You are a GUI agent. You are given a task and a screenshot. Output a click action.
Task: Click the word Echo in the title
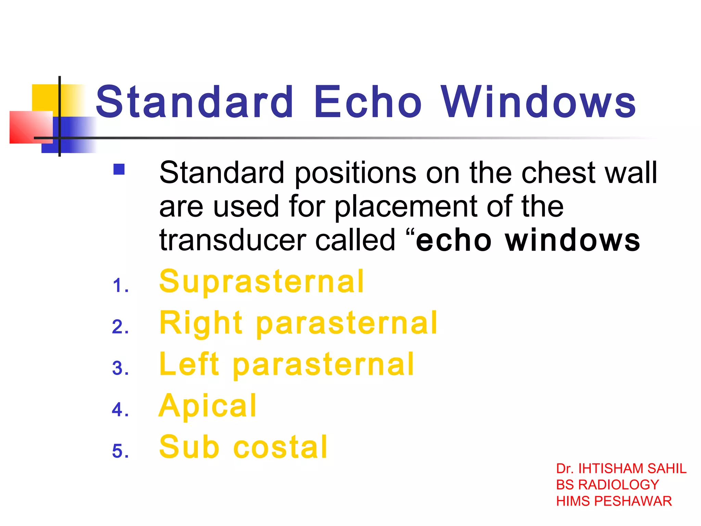coord(368,102)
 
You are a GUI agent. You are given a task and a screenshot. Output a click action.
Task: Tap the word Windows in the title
coord(538,102)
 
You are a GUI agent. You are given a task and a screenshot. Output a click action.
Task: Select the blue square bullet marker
coord(119,170)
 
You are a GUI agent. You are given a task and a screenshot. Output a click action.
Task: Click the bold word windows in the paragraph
coord(572,240)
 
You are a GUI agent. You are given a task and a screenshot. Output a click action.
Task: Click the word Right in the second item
coord(201,323)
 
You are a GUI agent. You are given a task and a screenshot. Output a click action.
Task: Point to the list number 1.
coord(120,286)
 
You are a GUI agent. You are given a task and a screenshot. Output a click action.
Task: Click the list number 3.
coord(120,368)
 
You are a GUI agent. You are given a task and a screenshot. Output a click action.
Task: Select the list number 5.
coord(120,451)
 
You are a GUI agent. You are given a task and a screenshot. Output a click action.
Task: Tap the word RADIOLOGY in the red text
coord(619,485)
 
